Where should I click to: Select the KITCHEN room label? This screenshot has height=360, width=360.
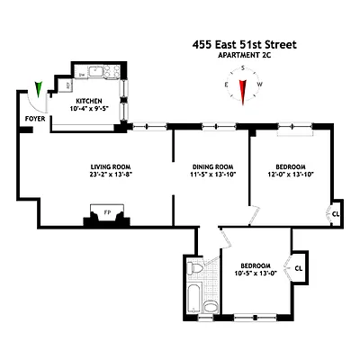(x=88, y=101)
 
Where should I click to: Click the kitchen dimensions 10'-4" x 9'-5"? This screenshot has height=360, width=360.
(x=88, y=109)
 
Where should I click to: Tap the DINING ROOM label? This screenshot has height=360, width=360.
(x=212, y=166)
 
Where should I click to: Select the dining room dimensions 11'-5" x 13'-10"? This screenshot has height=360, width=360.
(x=212, y=174)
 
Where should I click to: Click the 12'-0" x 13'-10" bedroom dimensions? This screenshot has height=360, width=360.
(x=290, y=174)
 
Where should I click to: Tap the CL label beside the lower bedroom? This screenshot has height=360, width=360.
(x=299, y=266)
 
